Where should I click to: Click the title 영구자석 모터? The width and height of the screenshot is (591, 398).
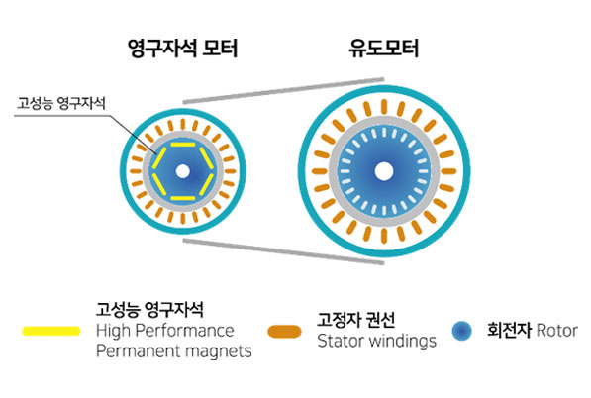pos(183,49)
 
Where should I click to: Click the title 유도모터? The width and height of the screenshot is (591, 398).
pos(384,49)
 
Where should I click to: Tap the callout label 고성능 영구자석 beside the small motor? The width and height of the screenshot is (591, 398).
pos(61,103)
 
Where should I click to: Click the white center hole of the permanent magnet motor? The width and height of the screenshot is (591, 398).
pos(183,171)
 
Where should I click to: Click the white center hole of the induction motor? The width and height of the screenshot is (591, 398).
pos(384,171)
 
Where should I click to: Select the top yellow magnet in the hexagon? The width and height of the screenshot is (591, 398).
pos(183,145)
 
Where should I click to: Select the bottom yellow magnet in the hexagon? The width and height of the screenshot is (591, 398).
pos(183,198)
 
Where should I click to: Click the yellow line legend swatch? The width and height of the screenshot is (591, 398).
pos(51,331)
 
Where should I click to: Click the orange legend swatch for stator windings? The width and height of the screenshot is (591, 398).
pos(284,332)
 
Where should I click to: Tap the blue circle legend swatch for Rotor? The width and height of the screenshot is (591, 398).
pos(461,331)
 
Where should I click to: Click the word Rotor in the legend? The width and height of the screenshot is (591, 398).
pos(557,331)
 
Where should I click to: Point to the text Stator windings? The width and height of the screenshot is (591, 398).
pos(376,341)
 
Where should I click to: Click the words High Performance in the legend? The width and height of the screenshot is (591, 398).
pos(165,331)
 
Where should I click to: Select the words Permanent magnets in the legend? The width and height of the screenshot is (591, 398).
pos(174,350)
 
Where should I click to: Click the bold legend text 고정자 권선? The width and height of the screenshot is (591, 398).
pos(355,320)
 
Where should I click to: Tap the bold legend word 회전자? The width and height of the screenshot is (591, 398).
pos(510,330)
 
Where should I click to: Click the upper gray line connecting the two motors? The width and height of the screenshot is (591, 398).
pos(283,90)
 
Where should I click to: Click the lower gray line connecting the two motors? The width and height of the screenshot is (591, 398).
pos(283,251)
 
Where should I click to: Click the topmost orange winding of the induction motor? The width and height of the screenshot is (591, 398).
pos(384,107)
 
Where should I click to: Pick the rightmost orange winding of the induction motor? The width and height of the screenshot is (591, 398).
pos(448,171)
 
